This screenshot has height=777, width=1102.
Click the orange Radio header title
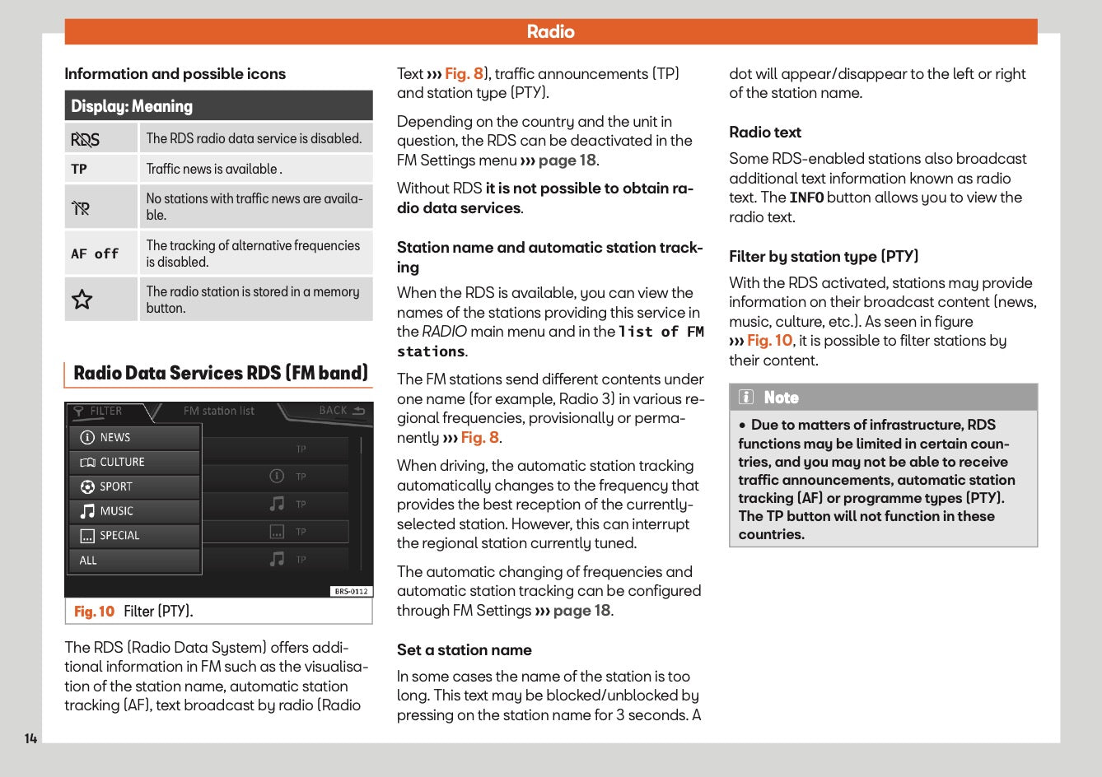pos(550,31)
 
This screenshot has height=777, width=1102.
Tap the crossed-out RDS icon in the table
pos(85,139)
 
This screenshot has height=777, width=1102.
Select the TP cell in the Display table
pos(79,169)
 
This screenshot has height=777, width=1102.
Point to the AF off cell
pos(95,254)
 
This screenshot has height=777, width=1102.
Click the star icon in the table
pos(82,300)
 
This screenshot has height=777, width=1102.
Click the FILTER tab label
pos(105,411)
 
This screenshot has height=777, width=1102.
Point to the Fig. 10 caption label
pos(94,612)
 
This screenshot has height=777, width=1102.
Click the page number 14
pos(30,738)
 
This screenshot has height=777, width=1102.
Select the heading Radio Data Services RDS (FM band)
pos(220,373)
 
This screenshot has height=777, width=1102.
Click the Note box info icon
pos(746,398)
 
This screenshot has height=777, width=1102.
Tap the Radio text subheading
pos(764,133)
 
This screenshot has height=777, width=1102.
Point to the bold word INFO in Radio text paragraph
pos(805,198)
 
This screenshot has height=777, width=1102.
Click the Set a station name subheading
pos(464,650)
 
